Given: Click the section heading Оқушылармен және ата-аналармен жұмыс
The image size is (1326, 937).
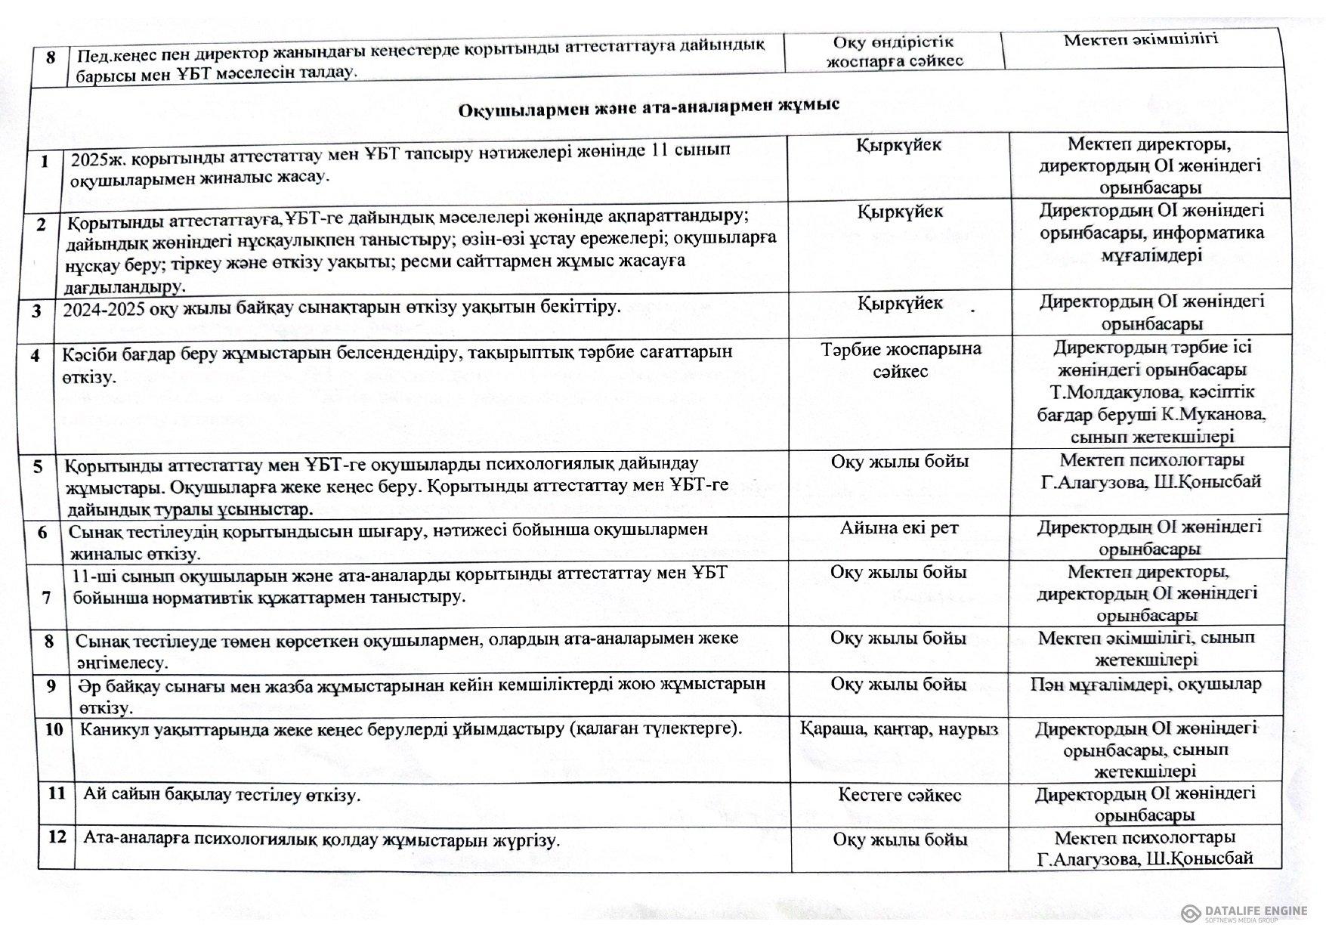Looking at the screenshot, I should tap(650, 107).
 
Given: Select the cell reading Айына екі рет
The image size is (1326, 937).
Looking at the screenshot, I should tap(899, 528).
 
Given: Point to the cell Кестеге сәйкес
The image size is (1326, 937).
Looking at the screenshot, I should tap(899, 795).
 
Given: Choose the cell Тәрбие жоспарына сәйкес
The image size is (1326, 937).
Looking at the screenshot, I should tap(901, 360).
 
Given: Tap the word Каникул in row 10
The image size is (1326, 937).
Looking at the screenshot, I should tap(116, 729).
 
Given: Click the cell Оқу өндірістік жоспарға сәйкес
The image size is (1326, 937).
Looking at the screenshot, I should tap(895, 51).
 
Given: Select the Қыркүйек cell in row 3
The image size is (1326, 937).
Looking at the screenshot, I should tap(900, 304).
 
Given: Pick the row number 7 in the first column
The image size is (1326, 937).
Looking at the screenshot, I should tap(47, 598).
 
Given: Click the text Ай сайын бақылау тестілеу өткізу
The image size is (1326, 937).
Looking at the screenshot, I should tap(222, 795).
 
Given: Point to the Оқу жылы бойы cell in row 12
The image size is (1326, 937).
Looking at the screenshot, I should tap(900, 840).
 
